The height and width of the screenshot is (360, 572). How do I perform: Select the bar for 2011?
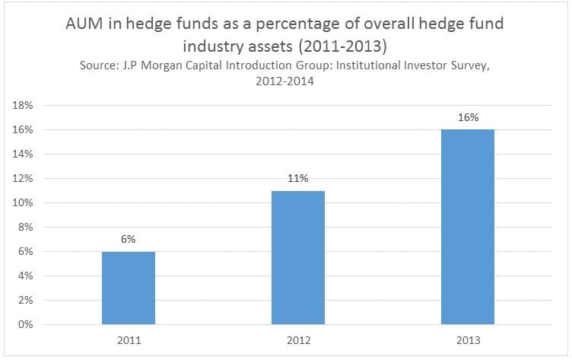(x=128, y=288)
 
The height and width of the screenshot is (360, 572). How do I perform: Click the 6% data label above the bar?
(x=128, y=239)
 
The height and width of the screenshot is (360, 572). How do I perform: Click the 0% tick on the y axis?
(x=24, y=325)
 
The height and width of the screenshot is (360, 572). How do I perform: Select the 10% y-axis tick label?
(x=22, y=203)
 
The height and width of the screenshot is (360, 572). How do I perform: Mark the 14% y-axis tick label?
(x=22, y=155)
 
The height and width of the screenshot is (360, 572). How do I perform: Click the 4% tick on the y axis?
(x=24, y=276)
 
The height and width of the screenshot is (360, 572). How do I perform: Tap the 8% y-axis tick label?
(x=24, y=228)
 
